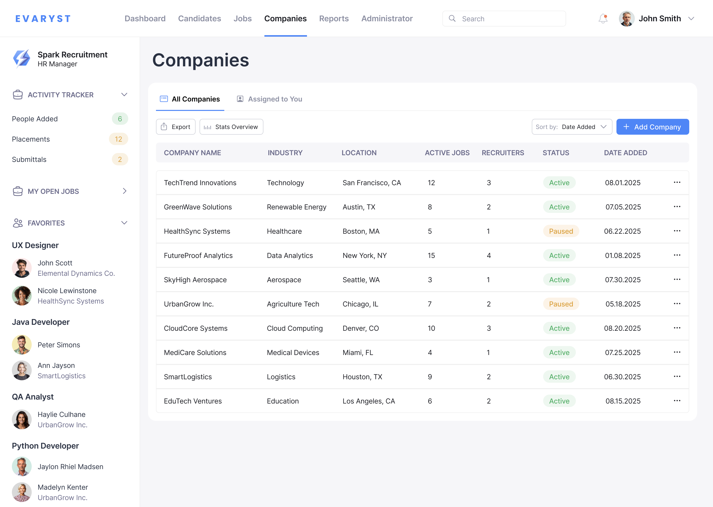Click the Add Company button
[x=652, y=127]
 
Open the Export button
[x=176, y=127]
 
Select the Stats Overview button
[x=231, y=127]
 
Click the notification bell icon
[x=603, y=19]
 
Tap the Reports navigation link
[x=334, y=19]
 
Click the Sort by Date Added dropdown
[x=571, y=127]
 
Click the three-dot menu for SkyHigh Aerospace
[x=677, y=279]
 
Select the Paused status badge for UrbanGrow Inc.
[x=561, y=304]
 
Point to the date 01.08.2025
[x=622, y=255]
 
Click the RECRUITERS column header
[x=503, y=153]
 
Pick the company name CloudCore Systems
[x=195, y=328]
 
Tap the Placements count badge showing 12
[x=118, y=139]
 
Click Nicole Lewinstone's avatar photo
[x=22, y=296]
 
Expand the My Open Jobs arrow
[x=125, y=191]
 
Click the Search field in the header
[x=504, y=19]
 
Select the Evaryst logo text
[x=43, y=19]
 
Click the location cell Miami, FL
[x=358, y=353]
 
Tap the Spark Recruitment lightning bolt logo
[x=22, y=58]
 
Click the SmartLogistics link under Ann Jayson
[x=61, y=376]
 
